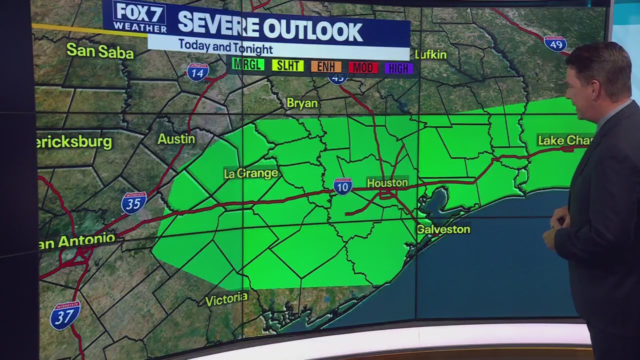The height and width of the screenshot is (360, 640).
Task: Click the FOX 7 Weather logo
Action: [139, 16]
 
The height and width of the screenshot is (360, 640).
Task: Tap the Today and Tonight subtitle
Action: [225, 47]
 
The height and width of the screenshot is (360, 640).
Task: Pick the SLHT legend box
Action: [288, 65]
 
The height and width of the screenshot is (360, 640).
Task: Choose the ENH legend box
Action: [326, 66]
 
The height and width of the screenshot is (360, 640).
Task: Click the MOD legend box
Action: [363, 67]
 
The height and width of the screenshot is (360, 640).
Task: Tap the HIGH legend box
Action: [399, 68]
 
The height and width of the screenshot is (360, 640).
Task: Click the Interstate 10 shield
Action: [343, 186]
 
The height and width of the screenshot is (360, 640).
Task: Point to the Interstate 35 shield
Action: [133, 202]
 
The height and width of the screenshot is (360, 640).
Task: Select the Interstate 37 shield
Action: [65, 315]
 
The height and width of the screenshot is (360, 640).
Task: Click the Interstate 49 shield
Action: [555, 43]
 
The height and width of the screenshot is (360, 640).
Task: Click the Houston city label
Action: [387, 182]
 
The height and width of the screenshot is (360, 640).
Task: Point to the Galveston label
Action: [443, 229]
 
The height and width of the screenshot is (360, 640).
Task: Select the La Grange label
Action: [250, 173]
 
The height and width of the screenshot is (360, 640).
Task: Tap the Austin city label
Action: [176, 138]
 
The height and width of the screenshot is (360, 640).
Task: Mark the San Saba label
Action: [100, 50]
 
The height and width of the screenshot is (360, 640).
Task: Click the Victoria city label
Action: [226, 299]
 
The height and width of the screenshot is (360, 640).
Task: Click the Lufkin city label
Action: [430, 54]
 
